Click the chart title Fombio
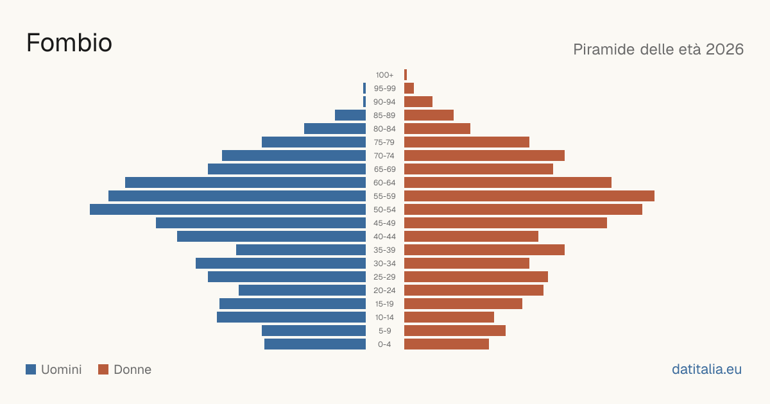(x=69, y=43)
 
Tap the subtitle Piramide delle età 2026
(x=658, y=49)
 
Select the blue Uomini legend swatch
(x=31, y=369)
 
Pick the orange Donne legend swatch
(x=103, y=369)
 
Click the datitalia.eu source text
(x=706, y=369)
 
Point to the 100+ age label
(x=384, y=75)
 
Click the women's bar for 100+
(x=406, y=75)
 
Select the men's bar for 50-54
(x=228, y=210)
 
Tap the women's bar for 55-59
(x=529, y=196)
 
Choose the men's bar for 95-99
(x=364, y=88)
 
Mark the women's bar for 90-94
(x=418, y=102)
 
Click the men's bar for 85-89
(x=350, y=115)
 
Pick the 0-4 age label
(x=384, y=344)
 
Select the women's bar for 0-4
(x=447, y=344)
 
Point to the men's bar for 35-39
(x=301, y=249)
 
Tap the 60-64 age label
(x=384, y=182)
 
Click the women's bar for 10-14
(x=449, y=317)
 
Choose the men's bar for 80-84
(x=335, y=128)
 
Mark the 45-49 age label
(x=384, y=223)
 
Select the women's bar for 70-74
(x=484, y=156)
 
